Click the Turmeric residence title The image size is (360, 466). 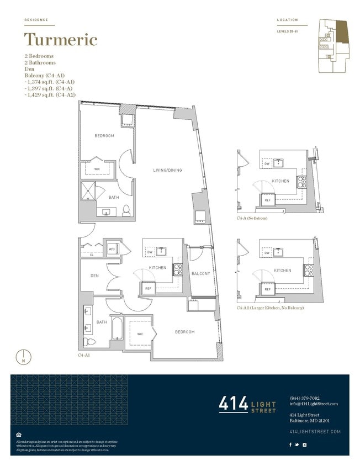[x=61, y=40]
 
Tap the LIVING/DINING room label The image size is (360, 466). [x=167, y=170]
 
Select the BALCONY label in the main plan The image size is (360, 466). [x=200, y=274]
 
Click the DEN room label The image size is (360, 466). [x=94, y=276]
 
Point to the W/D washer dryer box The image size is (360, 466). [x=112, y=249]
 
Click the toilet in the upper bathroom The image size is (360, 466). [x=126, y=209]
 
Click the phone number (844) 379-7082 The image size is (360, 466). [x=304, y=398]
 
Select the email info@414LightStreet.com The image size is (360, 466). [x=313, y=404]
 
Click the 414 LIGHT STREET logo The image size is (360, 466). [x=247, y=404]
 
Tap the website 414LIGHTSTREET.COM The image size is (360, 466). [x=315, y=431]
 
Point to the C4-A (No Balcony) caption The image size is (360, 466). [x=252, y=219]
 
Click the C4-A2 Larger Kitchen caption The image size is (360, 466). [x=270, y=308]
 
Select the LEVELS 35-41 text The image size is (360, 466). [x=287, y=31]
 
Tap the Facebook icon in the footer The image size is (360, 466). [x=291, y=444]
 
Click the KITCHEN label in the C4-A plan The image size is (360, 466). [x=280, y=181]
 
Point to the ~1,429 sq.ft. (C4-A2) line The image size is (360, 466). [x=50, y=96]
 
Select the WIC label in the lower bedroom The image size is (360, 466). [x=140, y=334]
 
